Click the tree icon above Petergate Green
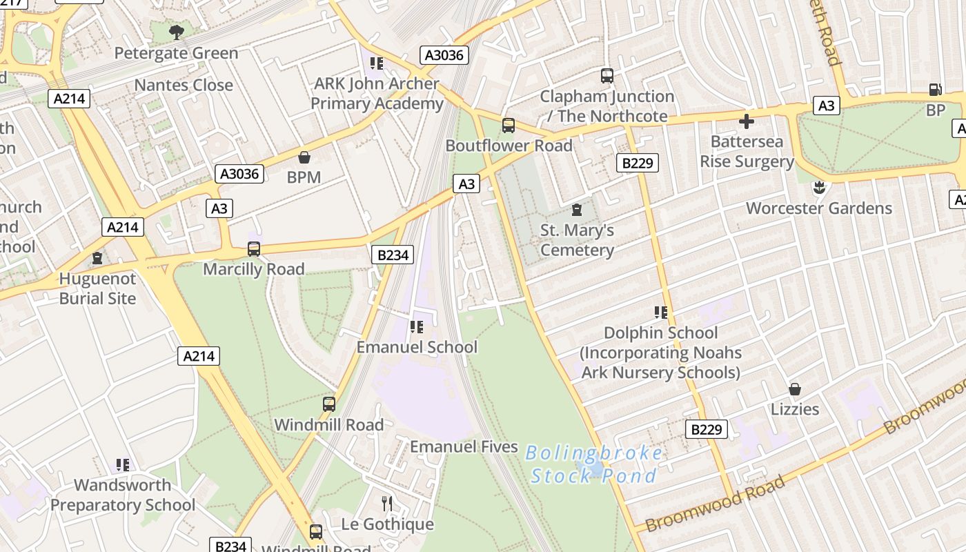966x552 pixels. tap(177, 32)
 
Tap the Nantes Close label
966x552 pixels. tap(184, 85)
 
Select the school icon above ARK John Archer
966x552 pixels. tap(376, 63)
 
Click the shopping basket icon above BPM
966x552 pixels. tap(304, 157)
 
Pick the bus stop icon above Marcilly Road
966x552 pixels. tap(254, 249)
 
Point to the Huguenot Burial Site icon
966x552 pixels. tap(97, 259)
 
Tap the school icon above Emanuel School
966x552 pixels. tap(416, 326)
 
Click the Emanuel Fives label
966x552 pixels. tap(464, 446)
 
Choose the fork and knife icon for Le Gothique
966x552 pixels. tap(387, 504)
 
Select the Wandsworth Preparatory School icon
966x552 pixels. tap(123, 465)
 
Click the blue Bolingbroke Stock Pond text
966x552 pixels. tap(594, 464)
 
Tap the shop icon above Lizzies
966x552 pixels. tap(795, 389)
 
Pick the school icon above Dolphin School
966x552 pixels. tap(660, 313)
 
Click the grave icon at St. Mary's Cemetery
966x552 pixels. tap(577, 210)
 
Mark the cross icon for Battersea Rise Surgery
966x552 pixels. tap(747, 121)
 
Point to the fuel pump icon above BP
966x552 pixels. tap(935, 90)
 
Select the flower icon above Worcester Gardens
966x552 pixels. tap(819, 188)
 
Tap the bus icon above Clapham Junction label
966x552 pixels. tap(607, 76)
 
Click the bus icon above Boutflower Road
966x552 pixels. tap(509, 126)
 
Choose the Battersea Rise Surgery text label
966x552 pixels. tap(747, 152)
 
